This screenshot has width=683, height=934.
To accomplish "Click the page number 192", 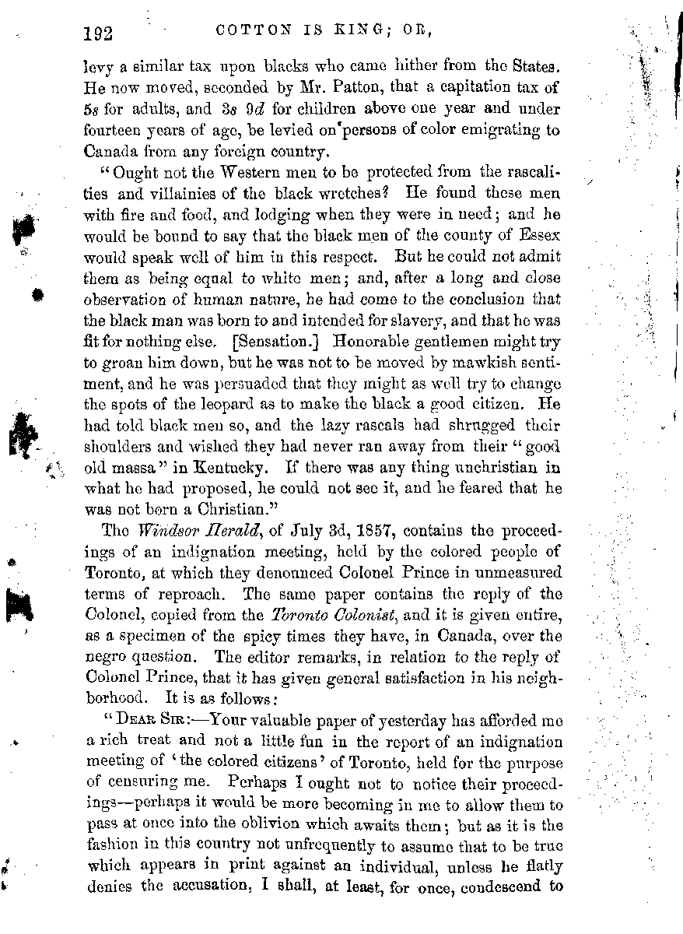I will click(x=97, y=34).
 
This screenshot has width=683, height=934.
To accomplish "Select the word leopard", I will click(x=257, y=406).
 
